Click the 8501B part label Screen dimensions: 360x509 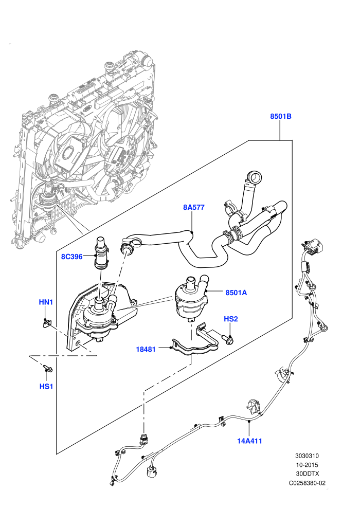point(281,116)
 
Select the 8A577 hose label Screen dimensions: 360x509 point(194,207)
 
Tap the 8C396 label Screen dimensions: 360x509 point(71,257)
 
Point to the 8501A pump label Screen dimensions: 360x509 point(237,293)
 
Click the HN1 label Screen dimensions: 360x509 point(46,302)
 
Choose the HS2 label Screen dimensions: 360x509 point(231,319)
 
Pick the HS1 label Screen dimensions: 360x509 point(46,386)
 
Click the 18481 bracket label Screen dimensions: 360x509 point(146,349)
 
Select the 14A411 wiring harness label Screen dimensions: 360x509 point(249,441)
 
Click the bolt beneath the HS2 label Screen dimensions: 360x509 point(228,339)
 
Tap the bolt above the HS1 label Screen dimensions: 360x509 point(47,369)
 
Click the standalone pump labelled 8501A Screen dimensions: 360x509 point(191,297)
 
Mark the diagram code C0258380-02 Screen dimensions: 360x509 point(307,483)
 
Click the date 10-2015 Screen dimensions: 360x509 point(307,465)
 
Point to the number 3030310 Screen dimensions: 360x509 point(307,456)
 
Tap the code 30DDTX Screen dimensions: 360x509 point(307,474)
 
